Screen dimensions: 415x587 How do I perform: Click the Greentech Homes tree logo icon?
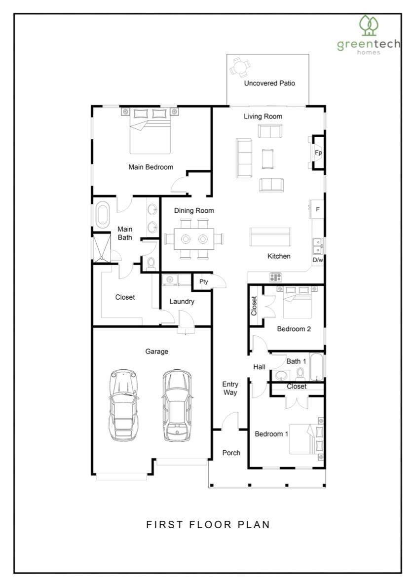click(369, 26)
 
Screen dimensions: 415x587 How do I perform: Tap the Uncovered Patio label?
click(269, 83)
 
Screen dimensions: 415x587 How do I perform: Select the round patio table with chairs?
click(238, 67)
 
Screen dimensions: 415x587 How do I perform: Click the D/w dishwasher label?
click(318, 260)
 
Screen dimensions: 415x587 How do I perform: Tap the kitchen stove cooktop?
click(276, 277)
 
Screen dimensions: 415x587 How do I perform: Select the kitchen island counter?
click(270, 237)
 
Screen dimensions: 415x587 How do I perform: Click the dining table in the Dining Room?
click(194, 238)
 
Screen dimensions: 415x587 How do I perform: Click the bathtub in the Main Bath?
click(102, 215)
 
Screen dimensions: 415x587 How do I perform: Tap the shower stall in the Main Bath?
click(102, 248)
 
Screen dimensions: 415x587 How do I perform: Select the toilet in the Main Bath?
click(151, 263)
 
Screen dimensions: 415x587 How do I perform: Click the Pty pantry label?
click(204, 281)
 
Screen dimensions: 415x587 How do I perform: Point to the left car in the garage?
click(123, 405)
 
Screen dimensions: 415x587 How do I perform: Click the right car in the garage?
click(177, 405)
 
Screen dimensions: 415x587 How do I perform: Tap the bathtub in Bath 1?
click(317, 366)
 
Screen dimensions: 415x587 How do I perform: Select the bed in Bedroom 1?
click(306, 439)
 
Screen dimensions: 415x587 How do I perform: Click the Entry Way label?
click(230, 388)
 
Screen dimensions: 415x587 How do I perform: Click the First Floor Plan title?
click(208, 524)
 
